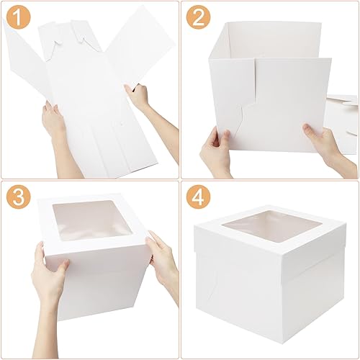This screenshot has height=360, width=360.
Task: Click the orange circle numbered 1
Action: click(19, 17)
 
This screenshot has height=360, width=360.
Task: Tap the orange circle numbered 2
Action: click(198, 17)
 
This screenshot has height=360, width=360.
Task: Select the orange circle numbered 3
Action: click(19, 197)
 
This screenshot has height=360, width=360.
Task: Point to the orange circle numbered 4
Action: click(198, 197)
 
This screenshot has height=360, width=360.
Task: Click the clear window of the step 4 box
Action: click(272, 225)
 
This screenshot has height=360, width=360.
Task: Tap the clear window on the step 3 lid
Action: click(92, 220)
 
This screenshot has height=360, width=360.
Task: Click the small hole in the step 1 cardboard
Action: click(122, 124)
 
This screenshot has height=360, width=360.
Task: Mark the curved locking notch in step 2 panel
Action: click(243, 115)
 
